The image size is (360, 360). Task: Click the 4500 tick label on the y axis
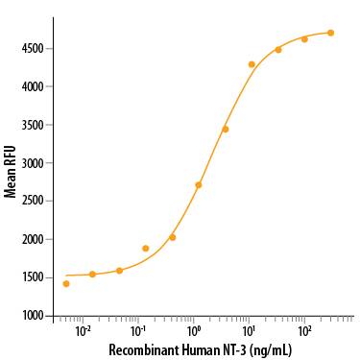(37, 49)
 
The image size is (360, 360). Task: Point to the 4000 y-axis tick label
(37, 86)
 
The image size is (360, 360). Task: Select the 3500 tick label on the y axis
(37, 125)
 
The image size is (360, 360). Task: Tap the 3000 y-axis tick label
(37, 163)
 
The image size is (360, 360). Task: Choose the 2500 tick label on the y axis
(37, 201)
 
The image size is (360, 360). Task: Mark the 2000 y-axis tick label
(37, 239)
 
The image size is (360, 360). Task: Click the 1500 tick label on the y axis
(37, 277)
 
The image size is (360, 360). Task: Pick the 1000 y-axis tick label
(37, 315)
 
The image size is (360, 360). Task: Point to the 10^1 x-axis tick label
(249, 330)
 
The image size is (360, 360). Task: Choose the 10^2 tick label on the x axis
(304, 330)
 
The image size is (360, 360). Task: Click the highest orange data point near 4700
(330, 33)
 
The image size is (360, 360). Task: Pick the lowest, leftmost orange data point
(66, 283)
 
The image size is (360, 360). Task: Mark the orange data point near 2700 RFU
(199, 185)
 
